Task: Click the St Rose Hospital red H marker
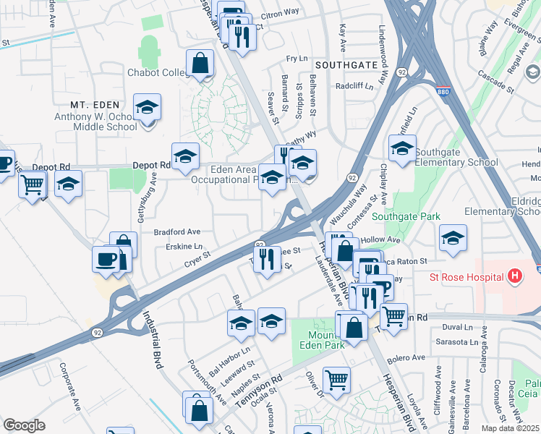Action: tap(515, 276)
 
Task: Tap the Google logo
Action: tap(24, 425)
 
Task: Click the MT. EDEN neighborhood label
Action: tap(97, 105)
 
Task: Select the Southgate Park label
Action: tap(396, 216)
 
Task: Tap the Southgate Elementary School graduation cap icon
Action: tap(402, 150)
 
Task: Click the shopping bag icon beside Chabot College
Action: tap(200, 64)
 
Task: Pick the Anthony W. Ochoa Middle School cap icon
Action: tap(148, 108)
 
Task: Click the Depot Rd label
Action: tap(151, 165)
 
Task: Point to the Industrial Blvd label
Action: tap(151, 340)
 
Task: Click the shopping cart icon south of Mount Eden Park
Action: tap(336, 380)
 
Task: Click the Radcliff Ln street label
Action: tap(354, 86)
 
